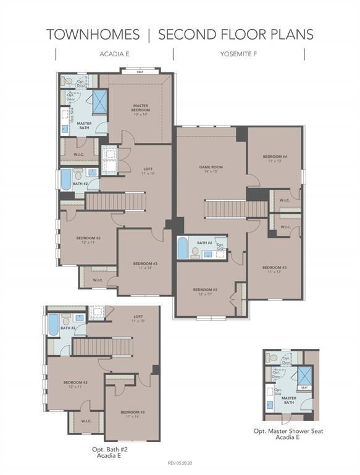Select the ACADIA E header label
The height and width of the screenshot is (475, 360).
[114, 54]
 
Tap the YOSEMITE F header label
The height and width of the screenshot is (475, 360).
[238, 54]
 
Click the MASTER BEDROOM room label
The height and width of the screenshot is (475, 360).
[141, 108]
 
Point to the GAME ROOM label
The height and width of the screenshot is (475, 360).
[211, 167]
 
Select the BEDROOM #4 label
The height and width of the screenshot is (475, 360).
[274, 156]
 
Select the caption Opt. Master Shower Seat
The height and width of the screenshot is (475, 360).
[288, 431]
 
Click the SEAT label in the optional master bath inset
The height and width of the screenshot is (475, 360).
[304, 388]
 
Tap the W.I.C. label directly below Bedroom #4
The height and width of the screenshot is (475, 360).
[285, 200]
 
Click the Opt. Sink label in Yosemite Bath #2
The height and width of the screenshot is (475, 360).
[220, 247]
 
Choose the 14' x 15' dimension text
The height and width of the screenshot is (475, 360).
[211, 171]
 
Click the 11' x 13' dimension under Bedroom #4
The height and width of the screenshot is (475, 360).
[274, 161]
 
